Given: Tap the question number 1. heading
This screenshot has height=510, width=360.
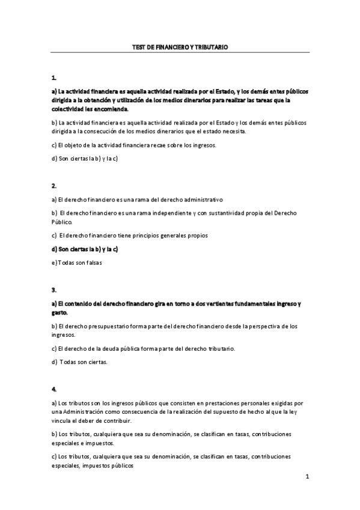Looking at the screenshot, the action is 54,78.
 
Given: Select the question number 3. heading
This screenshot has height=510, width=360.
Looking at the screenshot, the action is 54,290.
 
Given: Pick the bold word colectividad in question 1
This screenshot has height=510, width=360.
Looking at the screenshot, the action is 69,110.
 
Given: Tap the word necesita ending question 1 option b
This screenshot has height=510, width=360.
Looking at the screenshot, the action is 235,131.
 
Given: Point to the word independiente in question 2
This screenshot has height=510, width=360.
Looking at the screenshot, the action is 184,213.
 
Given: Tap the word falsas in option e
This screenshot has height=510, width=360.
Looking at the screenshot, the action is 93,262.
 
